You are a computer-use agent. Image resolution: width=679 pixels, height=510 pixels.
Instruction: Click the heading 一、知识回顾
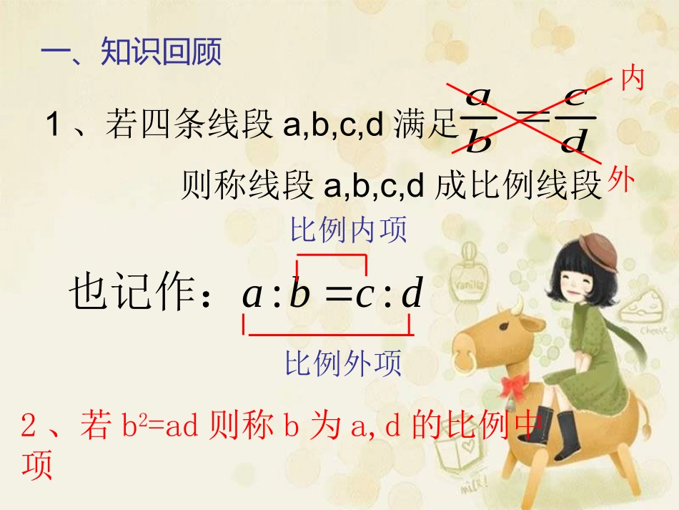132,52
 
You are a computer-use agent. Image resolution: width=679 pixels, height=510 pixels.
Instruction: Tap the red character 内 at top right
632,78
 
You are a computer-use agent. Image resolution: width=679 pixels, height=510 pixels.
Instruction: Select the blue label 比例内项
348,230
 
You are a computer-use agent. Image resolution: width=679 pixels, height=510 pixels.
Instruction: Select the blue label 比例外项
344,363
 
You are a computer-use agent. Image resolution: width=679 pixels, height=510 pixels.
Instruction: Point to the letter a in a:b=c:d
252,294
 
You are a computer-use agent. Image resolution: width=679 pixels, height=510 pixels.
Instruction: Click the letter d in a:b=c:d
412,294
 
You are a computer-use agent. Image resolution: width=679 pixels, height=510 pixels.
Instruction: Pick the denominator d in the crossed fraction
574,141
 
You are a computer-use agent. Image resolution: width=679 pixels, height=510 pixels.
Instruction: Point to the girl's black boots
555,432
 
